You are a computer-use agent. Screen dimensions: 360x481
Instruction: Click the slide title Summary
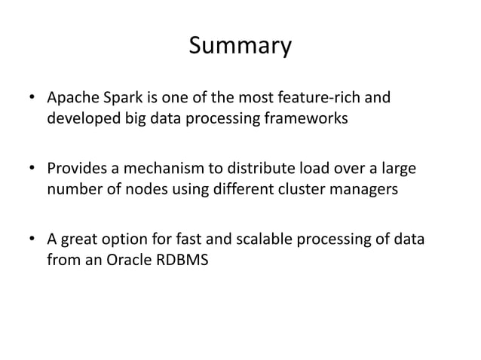(240, 47)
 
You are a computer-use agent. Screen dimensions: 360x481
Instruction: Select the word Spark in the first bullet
(121, 99)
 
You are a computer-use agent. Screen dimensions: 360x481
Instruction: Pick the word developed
(81, 121)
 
